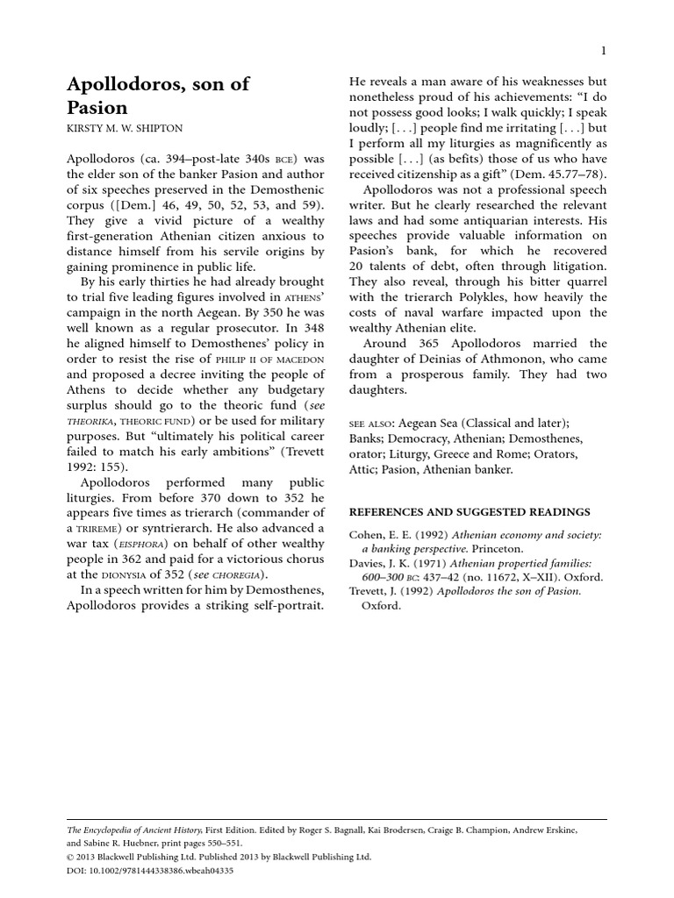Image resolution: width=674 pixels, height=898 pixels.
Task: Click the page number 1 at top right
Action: (604, 50)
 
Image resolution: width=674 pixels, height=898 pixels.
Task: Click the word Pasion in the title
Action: (97, 109)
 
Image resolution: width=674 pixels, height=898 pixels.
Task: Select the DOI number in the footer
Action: (161, 871)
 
